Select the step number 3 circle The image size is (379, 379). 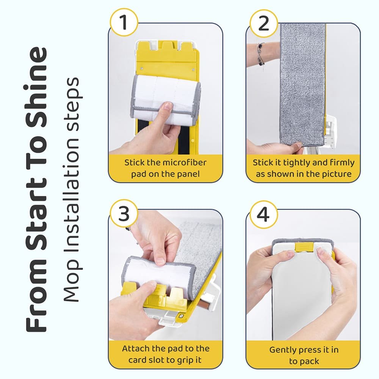(x=123, y=215)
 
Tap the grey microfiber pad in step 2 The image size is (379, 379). (x=302, y=83)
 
